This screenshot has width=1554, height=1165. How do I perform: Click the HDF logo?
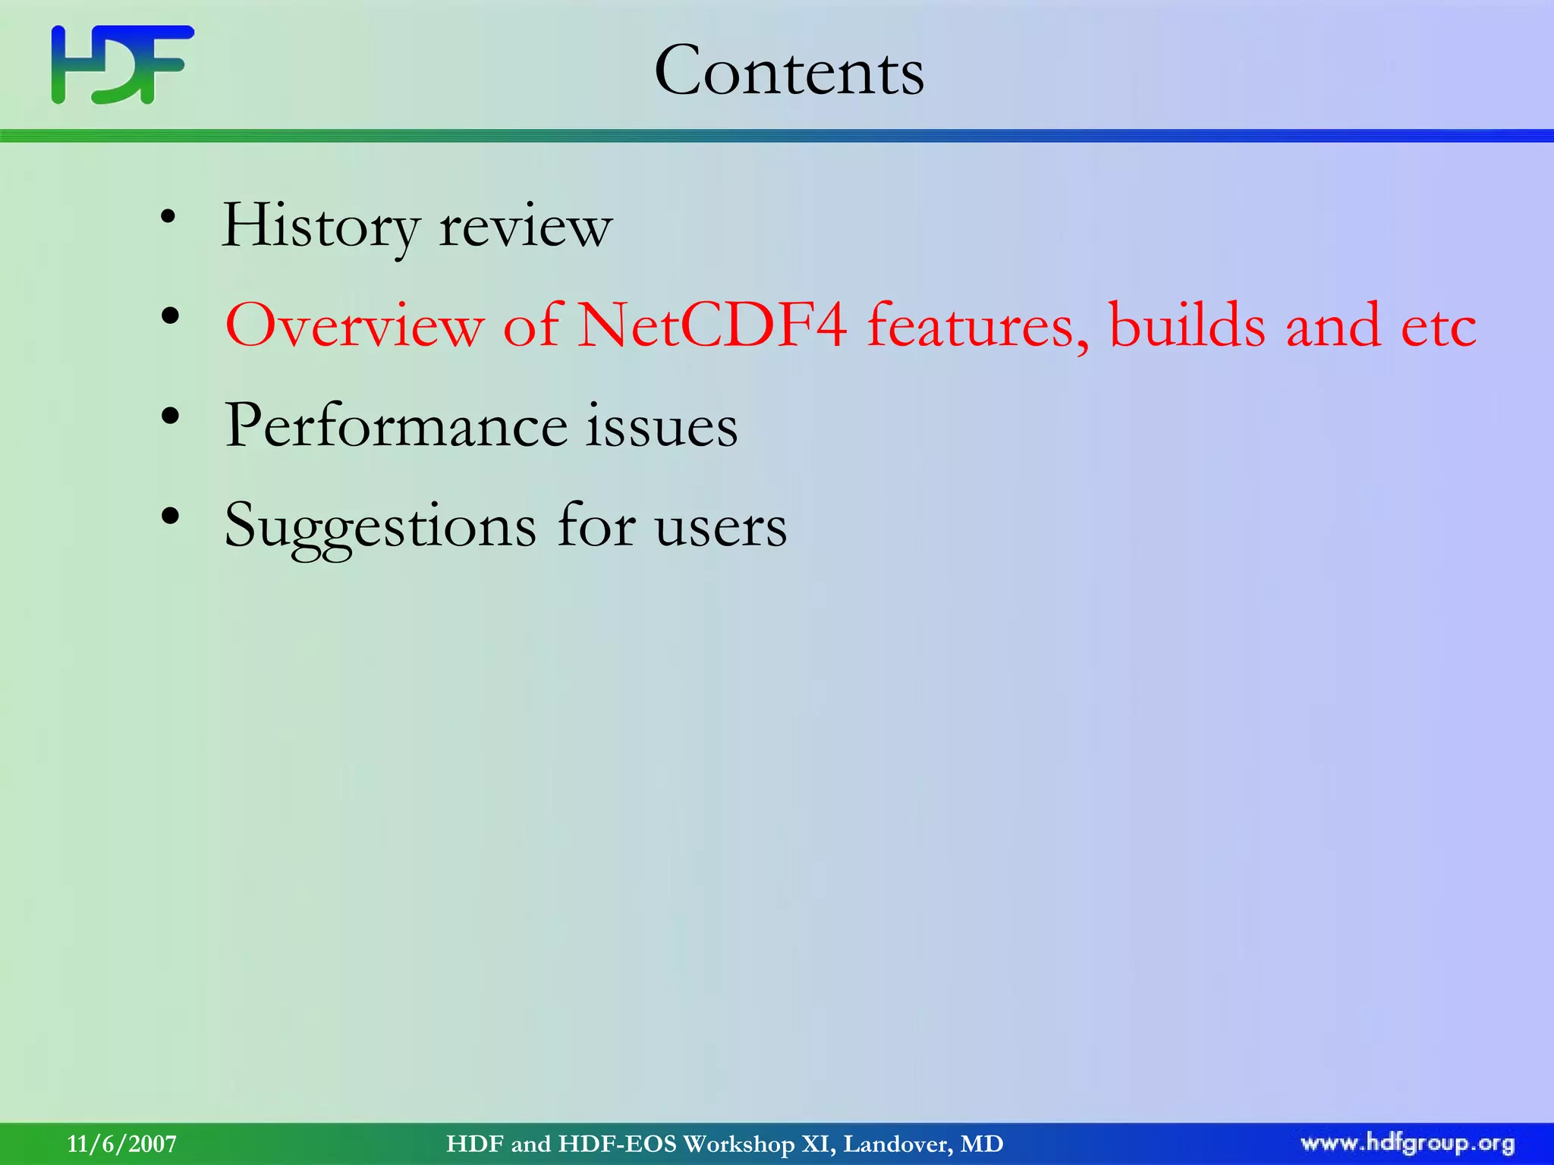(122, 64)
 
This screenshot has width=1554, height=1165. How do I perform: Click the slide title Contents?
(789, 71)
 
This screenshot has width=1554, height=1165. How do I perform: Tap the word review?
(525, 227)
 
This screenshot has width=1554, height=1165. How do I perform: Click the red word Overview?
(354, 326)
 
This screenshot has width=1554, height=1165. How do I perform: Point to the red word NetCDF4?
(712, 326)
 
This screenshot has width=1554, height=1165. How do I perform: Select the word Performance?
(395, 426)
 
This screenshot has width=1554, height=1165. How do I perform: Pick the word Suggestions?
(380, 527)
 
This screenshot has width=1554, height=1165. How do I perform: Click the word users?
(721, 527)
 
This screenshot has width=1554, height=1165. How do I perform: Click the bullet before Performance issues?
(170, 416)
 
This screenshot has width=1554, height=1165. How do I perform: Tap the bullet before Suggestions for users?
(170, 516)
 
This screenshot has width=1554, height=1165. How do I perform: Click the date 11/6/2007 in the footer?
(122, 1144)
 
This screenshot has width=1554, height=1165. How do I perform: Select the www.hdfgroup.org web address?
(1408, 1143)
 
